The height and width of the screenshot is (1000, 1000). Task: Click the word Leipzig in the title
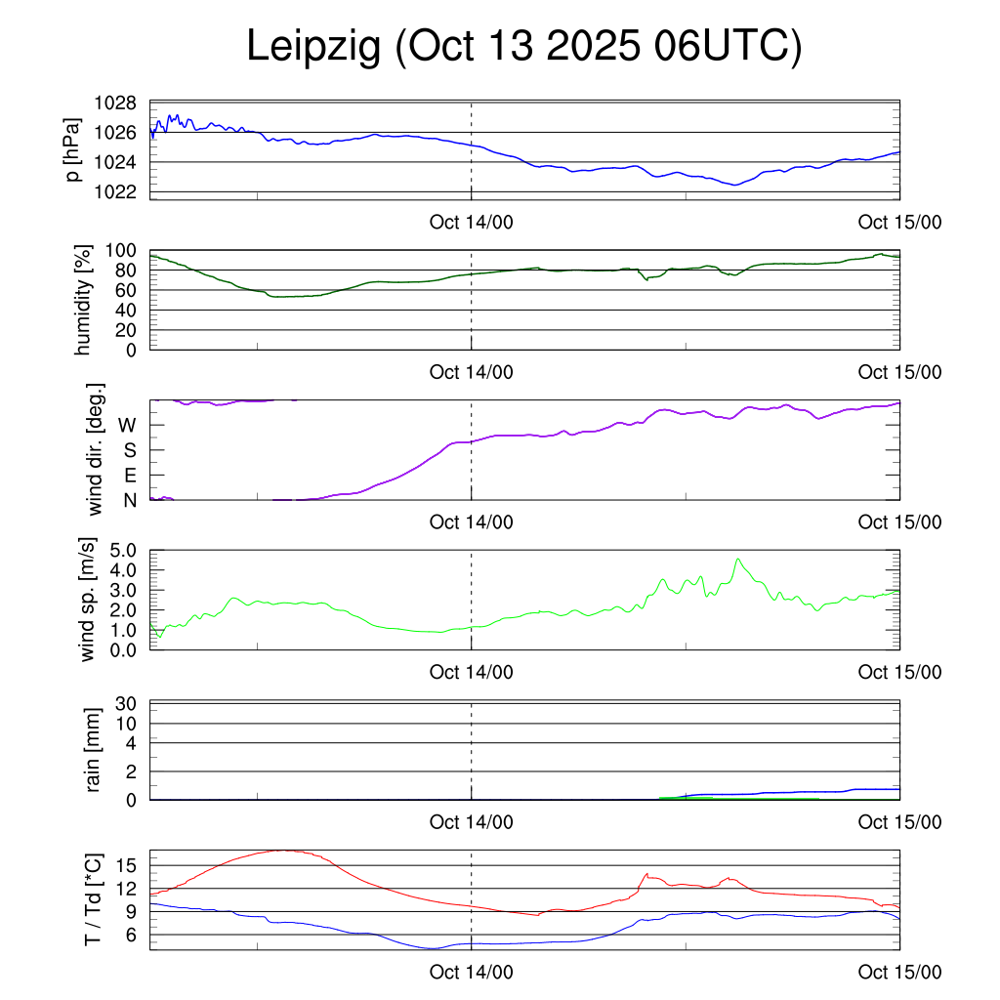314,47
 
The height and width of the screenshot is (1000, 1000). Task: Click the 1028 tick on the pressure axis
114,103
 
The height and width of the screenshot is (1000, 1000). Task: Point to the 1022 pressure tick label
114,191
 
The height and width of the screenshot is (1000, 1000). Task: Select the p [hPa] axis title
73,148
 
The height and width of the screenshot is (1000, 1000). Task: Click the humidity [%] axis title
82,300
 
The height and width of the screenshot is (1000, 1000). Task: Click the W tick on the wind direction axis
127,425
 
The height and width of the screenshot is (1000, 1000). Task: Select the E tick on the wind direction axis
129,476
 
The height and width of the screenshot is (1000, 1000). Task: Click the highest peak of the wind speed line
738,559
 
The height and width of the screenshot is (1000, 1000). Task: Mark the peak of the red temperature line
284,850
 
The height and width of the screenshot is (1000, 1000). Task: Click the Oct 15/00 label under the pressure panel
899,222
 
